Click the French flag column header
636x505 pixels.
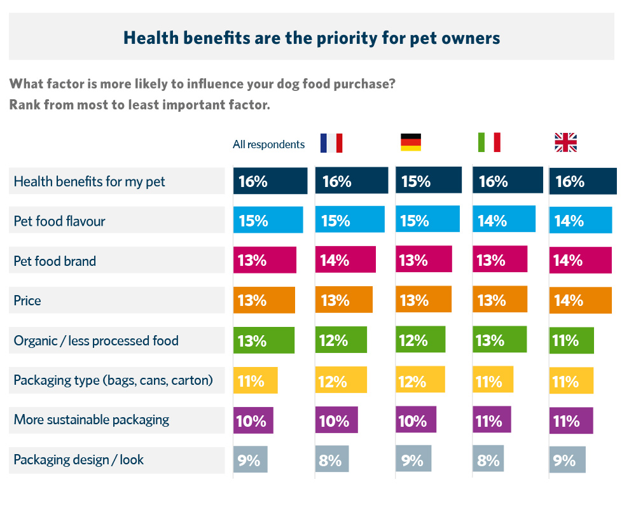point(331,143)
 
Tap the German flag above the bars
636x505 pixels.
point(411,142)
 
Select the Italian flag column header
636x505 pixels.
point(489,142)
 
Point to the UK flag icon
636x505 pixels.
point(565,142)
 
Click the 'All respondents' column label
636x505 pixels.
point(268,144)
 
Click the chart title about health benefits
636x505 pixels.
point(312,38)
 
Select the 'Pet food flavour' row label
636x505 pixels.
point(60,221)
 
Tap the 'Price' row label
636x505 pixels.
point(27,300)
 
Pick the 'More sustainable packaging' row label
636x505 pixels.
point(92,420)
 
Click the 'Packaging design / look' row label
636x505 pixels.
point(79,460)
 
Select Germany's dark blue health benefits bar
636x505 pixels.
point(429,181)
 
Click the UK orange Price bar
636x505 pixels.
point(580,300)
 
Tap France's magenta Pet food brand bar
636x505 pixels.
point(345,260)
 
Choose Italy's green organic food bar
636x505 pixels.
point(500,340)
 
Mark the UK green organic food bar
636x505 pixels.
point(571,340)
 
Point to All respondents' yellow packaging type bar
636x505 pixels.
point(255,380)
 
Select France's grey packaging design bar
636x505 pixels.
point(332,460)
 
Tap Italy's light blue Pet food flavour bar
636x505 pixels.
point(504,220)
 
